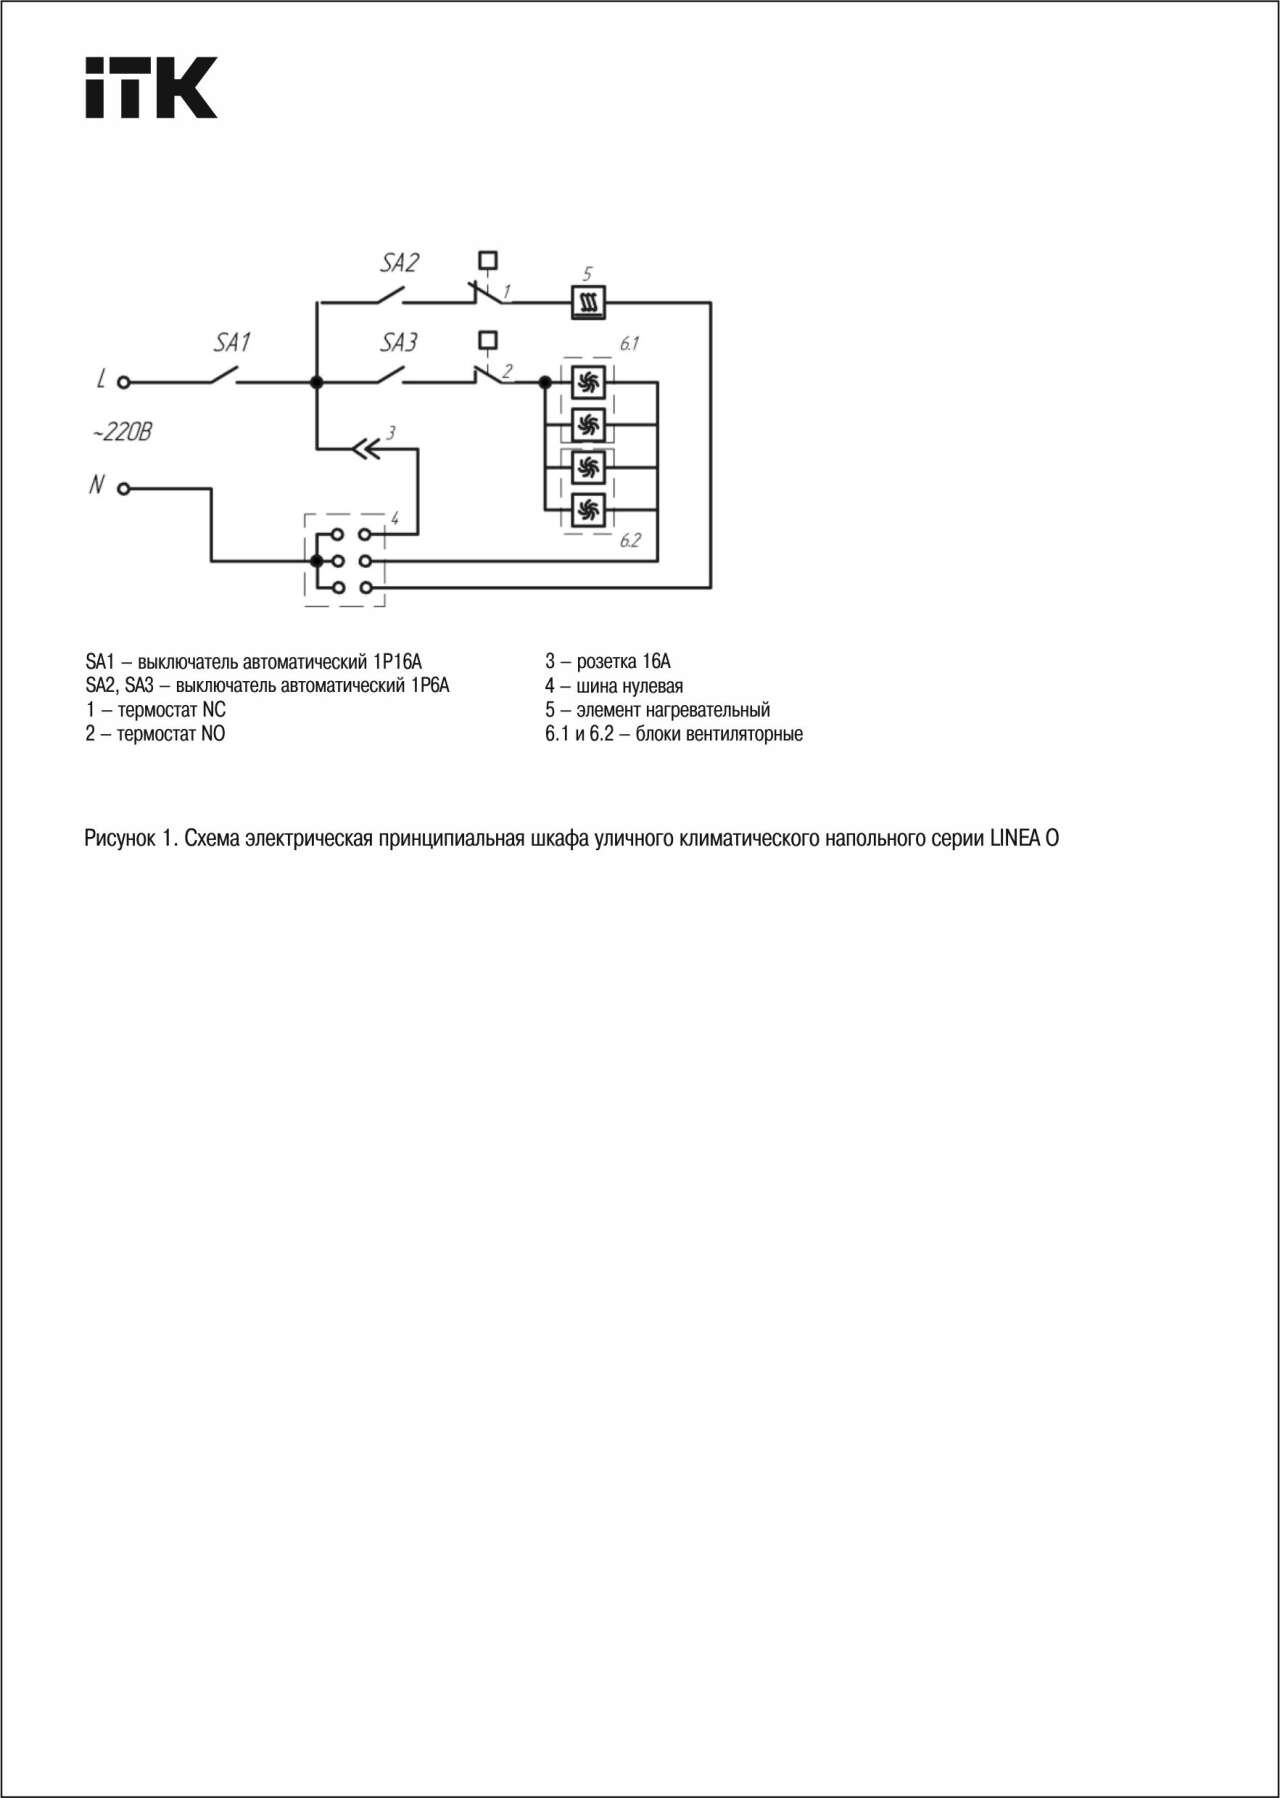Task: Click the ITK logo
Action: point(151,88)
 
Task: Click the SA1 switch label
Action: point(232,343)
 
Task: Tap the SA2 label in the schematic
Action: point(398,263)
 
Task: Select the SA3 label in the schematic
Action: point(398,343)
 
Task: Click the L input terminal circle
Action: point(124,382)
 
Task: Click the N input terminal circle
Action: point(124,489)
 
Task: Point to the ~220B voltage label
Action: point(122,433)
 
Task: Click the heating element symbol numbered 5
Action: point(588,302)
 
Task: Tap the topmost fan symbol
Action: point(588,382)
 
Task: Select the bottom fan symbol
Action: point(588,510)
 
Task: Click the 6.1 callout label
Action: point(628,344)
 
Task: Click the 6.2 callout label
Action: point(629,541)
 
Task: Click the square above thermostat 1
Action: point(488,260)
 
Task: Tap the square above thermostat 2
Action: point(488,341)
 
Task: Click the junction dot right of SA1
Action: point(316,382)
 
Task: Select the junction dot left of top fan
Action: point(545,382)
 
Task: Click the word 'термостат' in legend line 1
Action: point(158,710)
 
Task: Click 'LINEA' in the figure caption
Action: point(1015,838)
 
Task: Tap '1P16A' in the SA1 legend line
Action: point(397,662)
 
